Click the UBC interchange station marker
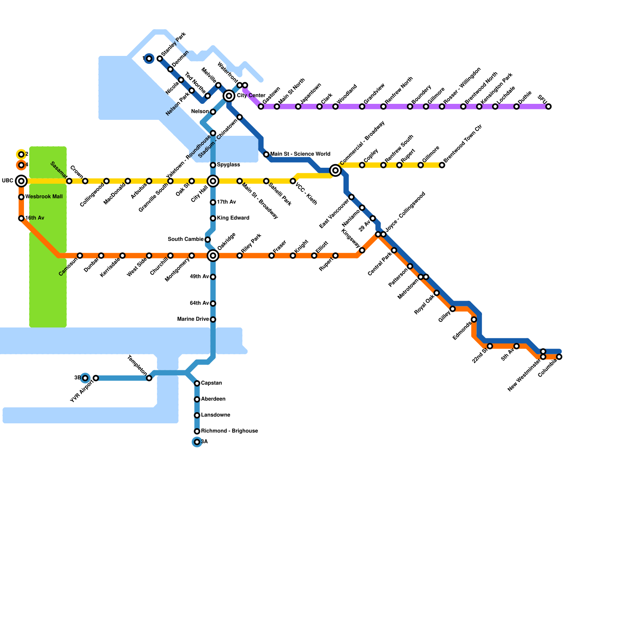pyautogui.click(x=21, y=181)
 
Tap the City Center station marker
pyautogui.click(x=229, y=96)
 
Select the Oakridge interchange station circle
pyautogui.click(x=213, y=256)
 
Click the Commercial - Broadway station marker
pyautogui.click(x=335, y=171)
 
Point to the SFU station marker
pyautogui.click(x=549, y=107)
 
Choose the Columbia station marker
pyautogui.click(x=559, y=357)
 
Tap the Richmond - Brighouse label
pyautogui.click(x=229, y=431)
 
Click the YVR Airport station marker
pyautogui.click(x=96, y=378)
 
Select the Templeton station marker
pyautogui.click(x=149, y=378)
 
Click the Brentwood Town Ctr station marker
pyautogui.click(x=442, y=165)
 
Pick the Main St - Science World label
pyautogui.click(x=300, y=154)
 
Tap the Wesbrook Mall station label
pyautogui.click(x=44, y=197)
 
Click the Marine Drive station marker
pyautogui.click(x=213, y=319)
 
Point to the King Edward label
pyautogui.click(x=233, y=218)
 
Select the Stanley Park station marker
pyautogui.click(x=160, y=59)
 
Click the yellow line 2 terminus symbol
pyautogui.click(x=21, y=155)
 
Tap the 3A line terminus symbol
pyautogui.click(x=197, y=442)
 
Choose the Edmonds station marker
pyautogui.click(x=474, y=319)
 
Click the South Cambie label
pyautogui.click(x=186, y=240)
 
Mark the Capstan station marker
pyautogui.click(x=197, y=383)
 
